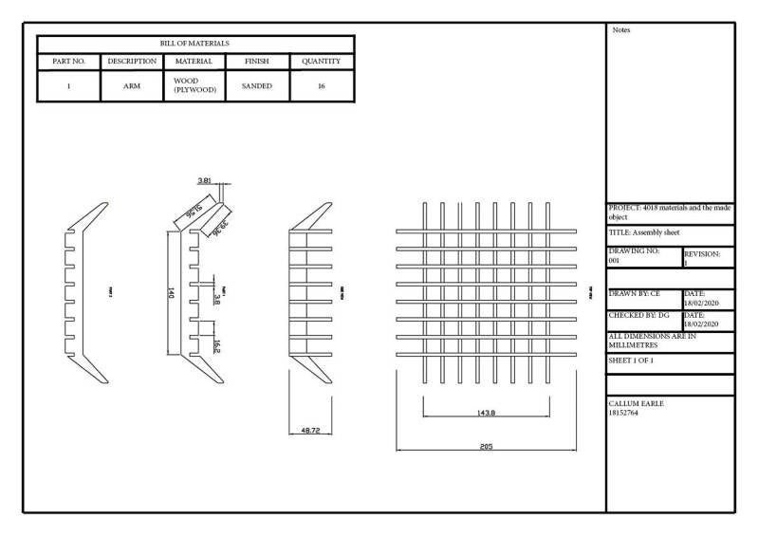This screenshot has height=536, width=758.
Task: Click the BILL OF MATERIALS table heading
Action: click(194, 44)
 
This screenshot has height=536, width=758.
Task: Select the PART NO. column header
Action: click(67, 62)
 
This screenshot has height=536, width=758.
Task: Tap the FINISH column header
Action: click(256, 62)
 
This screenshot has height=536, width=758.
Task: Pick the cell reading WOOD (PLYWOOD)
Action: click(195, 86)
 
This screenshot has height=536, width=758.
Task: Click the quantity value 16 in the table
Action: click(322, 86)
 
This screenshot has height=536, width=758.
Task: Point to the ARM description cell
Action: click(132, 86)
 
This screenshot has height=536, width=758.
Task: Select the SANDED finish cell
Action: click(256, 86)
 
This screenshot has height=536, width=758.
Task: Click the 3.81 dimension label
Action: click(204, 180)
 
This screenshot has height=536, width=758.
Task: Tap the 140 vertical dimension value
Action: click(171, 294)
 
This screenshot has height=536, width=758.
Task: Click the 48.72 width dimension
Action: click(310, 430)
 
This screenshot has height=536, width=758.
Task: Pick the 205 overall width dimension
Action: click(486, 446)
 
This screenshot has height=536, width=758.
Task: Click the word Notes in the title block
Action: click(621, 30)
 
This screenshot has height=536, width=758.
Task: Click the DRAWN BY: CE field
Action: click(634, 294)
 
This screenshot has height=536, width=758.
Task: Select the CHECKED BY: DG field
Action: click(638, 314)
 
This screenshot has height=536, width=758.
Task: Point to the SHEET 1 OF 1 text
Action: click(631, 361)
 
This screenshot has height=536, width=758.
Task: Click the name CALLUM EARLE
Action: click(637, 403)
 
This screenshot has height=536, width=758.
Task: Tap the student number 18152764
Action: click(626, 413)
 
